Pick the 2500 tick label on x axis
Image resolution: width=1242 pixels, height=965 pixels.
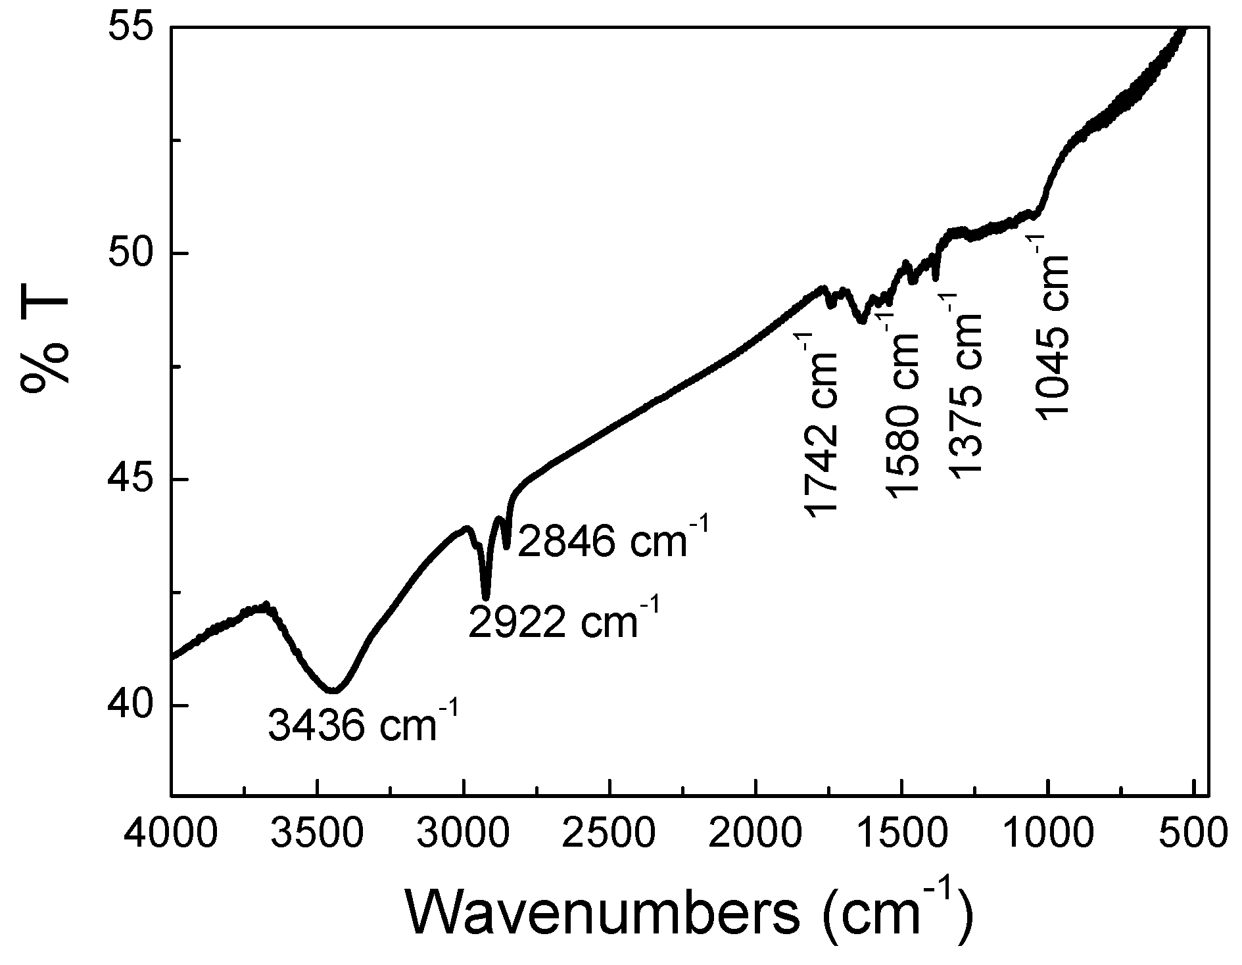point(610,833)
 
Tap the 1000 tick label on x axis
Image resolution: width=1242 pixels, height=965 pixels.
point(1048,833)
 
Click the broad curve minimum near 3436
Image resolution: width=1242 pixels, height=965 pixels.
point(333,690)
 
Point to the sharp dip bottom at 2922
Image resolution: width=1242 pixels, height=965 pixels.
point(486,597)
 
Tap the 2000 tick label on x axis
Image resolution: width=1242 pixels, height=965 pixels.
point(756,833)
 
